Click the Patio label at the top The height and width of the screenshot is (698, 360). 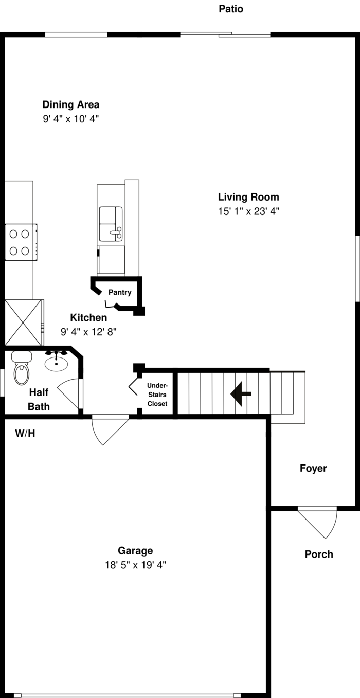coord(230,9)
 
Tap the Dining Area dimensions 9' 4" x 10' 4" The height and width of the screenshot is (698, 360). coord(71,119)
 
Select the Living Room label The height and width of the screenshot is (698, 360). coord(248,197)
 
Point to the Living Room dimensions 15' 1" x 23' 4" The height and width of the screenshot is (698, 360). coord(248,211)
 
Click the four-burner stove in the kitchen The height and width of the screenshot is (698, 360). coord(21,242)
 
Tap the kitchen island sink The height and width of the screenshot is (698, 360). coord(111,224)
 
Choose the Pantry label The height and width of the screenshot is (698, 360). coord(120,292)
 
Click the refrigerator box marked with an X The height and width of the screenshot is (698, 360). coord(23,323)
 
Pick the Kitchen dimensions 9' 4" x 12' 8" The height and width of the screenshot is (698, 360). coord(88,332)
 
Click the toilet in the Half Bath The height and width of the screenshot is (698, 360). coord(21,368)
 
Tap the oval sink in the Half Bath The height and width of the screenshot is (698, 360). coord(56,363)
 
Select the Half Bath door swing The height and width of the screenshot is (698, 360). coord(68,393)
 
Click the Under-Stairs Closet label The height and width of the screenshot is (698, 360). coord(157,395)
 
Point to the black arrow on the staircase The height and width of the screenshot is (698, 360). coord(241,394)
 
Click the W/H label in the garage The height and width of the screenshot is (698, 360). coord(25,433)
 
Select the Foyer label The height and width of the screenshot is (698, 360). coord(313,468)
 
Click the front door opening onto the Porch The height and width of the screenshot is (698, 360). coord(317,523)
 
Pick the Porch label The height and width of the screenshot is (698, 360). coord(319,554)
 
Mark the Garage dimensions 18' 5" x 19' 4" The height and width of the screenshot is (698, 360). coord(135,565)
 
